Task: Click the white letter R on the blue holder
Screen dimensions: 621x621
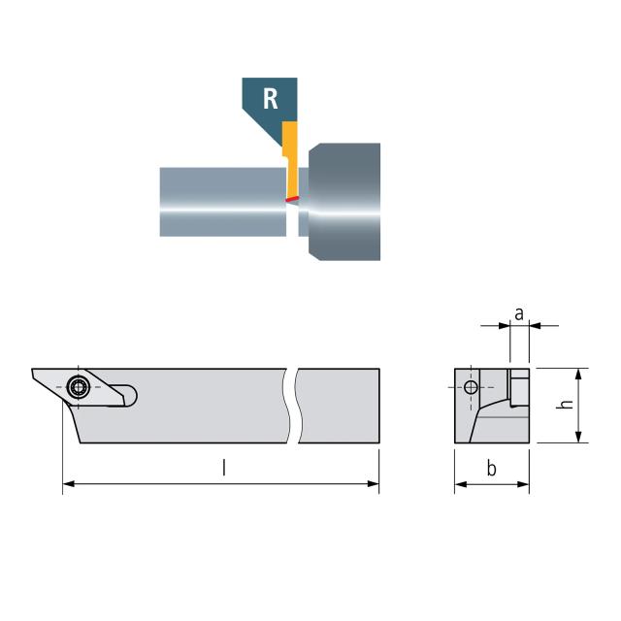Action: coord(272,98)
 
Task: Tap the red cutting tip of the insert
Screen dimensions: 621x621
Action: coord(290,200)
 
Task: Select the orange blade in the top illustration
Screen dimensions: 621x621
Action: coord(289,155)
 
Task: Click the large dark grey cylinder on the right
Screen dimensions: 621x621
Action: coord(344,201)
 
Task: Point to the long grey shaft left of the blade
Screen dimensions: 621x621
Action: coord(222,201)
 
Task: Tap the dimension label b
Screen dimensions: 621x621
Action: coord(492,470)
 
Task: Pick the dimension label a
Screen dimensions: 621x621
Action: coord(519,313)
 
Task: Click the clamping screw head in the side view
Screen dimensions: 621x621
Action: coord(78,386)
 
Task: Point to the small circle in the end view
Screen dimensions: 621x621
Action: coord(472,388)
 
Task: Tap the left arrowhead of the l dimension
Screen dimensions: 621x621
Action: coord(67,483)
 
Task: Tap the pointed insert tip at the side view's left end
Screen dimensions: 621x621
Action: coord(34,372)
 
